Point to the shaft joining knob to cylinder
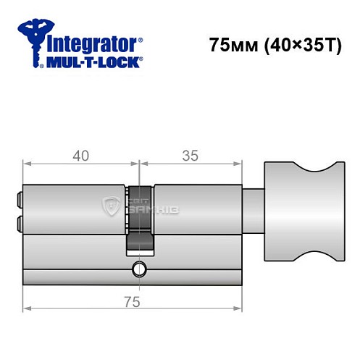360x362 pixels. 254,210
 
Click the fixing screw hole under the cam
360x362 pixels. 137,271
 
